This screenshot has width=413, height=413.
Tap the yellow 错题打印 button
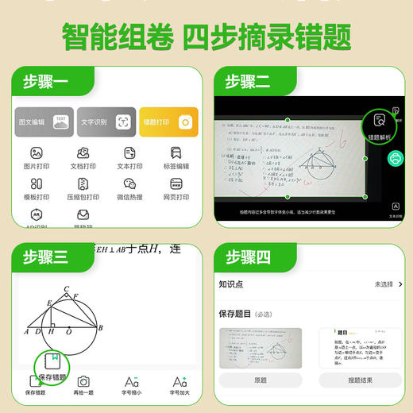point(168,122)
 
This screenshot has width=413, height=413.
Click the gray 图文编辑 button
point(44,122)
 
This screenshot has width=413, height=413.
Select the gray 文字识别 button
point(106,122)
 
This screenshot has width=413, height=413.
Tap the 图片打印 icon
point(37,152)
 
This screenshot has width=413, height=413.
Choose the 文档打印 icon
point(83,152)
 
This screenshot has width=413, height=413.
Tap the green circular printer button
point(393,159)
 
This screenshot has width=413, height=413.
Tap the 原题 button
point(261,380)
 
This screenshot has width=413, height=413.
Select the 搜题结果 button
point(361,380)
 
